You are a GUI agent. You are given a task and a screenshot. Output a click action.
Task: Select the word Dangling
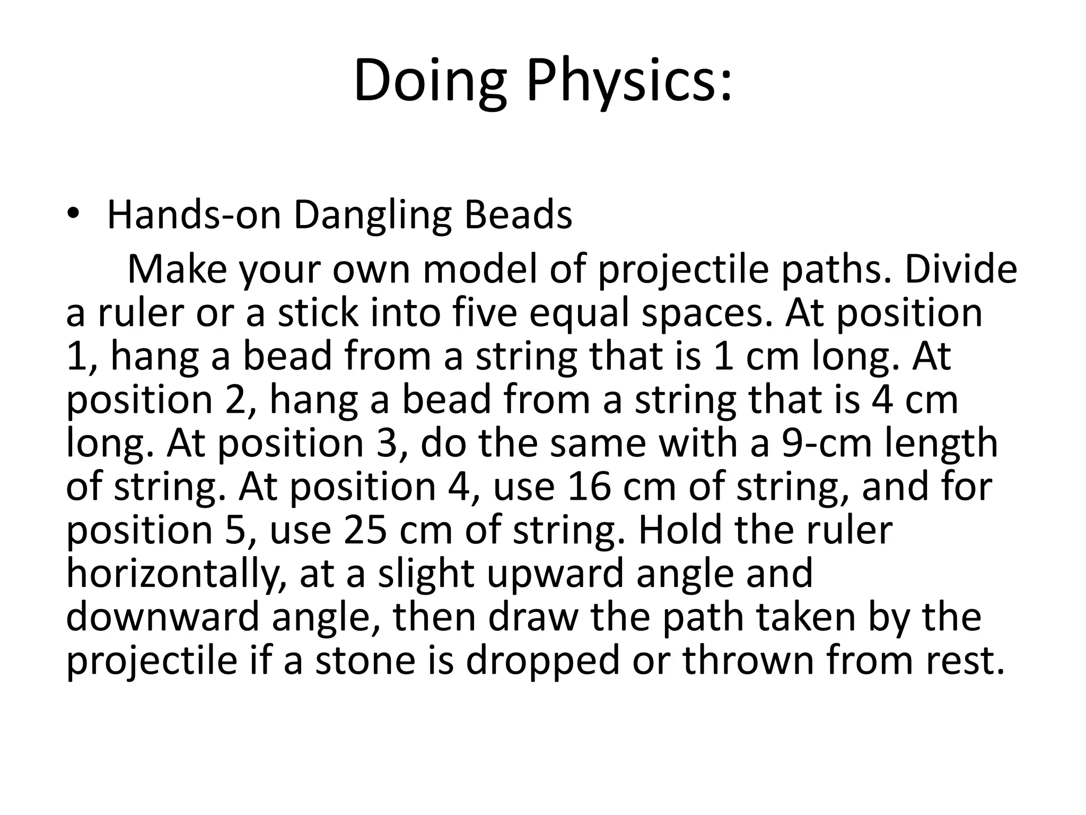(x=372, y=216)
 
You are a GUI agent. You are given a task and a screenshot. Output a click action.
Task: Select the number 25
(x=365, y=530)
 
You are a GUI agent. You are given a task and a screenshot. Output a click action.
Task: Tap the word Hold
(x=680, y=530)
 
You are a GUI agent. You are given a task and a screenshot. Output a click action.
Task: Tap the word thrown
(x=748, y=660)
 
